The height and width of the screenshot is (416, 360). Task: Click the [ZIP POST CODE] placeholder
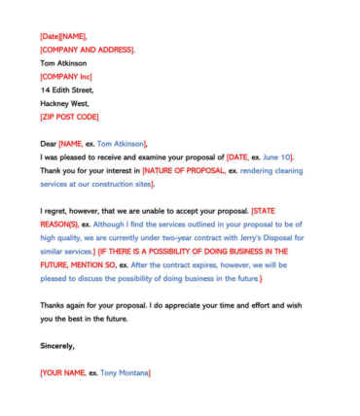[69, 117]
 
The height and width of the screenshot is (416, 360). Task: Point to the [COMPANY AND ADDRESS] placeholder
[88, 50]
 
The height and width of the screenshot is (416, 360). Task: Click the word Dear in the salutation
[49, 143]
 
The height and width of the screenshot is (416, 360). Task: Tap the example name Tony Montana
[125, 372]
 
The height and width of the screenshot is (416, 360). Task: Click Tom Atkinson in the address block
[63, 63]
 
